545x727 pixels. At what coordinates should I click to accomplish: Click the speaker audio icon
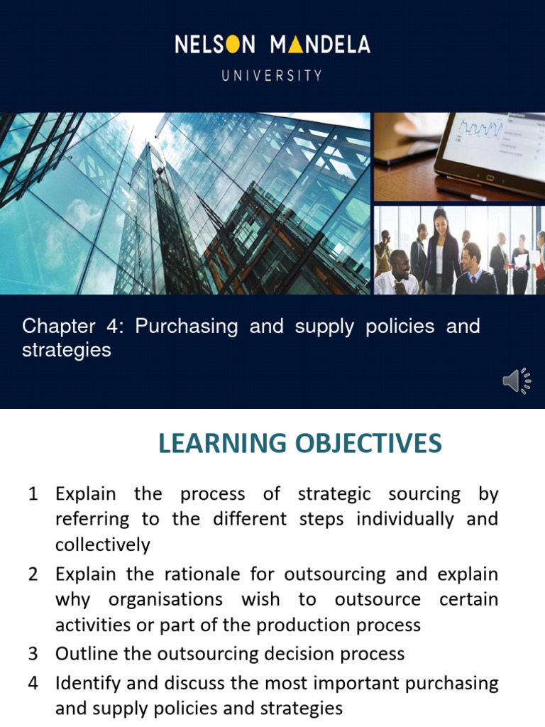(516, 381)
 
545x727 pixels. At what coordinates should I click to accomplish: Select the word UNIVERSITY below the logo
(272, 75)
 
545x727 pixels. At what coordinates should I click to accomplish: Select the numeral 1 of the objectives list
(33, 493)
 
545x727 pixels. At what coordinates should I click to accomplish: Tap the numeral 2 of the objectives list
(33, 574)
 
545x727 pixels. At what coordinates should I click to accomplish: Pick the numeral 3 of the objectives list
(33, 653)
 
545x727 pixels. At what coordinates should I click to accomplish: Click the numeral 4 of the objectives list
(33, 682)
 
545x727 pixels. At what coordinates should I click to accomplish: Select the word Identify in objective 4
(86, 683)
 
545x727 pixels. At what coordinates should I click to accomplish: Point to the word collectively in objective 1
(102, 545)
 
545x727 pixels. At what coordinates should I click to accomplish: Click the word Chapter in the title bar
(59, 327)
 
